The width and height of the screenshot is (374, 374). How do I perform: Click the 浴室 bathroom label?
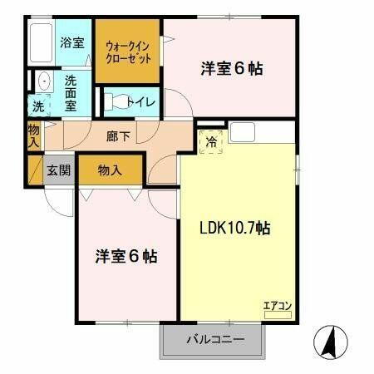tap(71, 43)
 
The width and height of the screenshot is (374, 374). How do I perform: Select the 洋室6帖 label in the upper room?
tap(231, 69)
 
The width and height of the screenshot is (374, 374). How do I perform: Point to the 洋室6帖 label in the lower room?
tap(125, 255)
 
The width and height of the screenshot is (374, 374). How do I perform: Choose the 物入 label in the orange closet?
tap(110, 170)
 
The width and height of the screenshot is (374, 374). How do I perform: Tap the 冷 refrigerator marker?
tap(211, 142)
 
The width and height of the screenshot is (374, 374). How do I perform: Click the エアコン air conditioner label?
tap(278, 305)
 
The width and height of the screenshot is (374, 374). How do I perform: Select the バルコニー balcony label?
tap(214, 339)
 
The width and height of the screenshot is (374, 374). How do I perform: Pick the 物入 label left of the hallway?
tap(33, 135)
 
